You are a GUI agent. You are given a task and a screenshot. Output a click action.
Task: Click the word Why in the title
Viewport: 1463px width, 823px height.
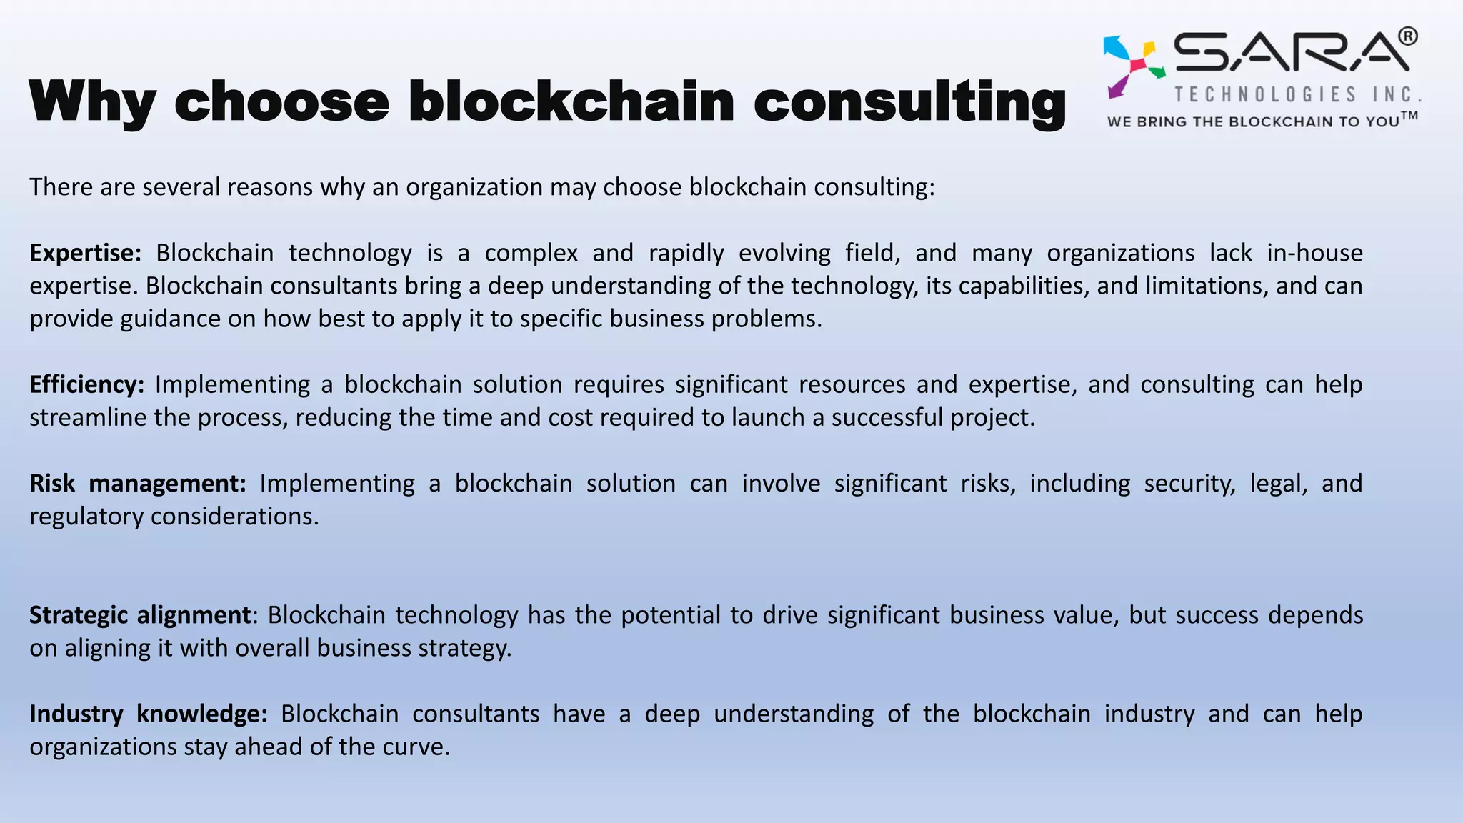[93, 101]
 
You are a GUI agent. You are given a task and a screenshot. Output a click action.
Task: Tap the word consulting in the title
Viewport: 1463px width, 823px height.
[909, 101]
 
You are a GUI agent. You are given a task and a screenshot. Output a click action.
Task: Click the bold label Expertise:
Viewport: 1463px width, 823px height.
[85, 253]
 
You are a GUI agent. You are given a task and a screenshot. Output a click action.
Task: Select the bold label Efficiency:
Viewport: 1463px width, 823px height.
[86, 384]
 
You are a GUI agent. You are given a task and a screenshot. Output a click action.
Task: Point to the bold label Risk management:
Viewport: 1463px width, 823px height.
[137, 484]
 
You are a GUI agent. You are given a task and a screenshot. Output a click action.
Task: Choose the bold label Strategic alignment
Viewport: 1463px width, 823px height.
[140, 615]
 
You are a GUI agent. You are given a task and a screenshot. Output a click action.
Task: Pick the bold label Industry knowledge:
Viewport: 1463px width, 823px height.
[148, 714]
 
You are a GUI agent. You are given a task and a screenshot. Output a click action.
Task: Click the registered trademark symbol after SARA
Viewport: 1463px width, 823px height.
[1407, 36]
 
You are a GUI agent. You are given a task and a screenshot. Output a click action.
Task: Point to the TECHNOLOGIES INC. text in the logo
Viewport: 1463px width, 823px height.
[1297, 94]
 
